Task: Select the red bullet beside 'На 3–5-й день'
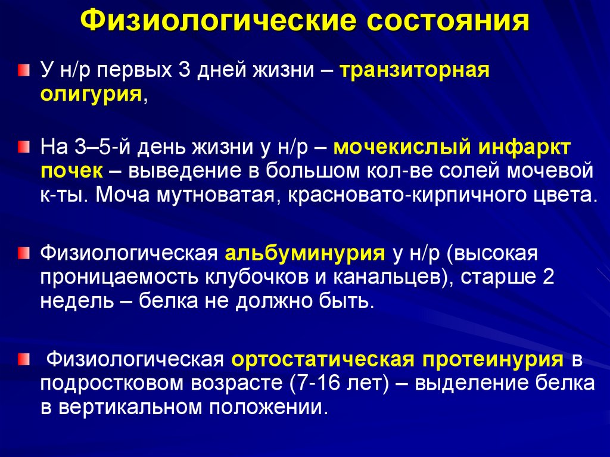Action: click(x=22, y=147)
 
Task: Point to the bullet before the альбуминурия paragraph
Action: click(x=22, y=253)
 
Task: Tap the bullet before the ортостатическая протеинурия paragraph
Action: click(x=22, y=359)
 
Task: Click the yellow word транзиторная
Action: click(x=414, y=70)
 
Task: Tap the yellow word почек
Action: click(x=71, y=170)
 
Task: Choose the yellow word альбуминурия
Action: click(x=304, y=253)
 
